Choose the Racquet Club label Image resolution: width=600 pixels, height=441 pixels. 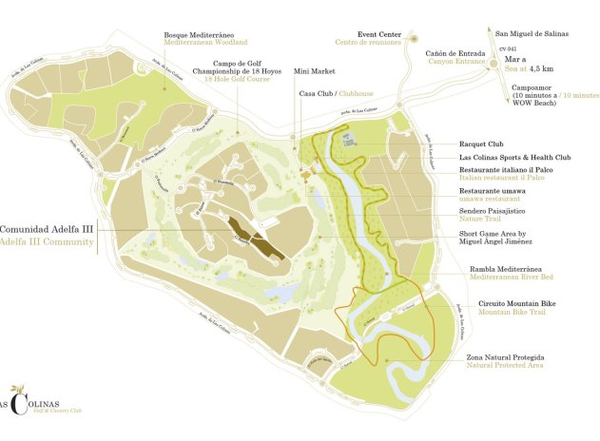coord(480,144)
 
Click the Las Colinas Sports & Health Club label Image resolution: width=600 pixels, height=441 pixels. coord(514,158)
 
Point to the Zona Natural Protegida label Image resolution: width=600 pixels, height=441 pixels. coord(505,356)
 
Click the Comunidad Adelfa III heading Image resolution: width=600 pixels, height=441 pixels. coord(47,229)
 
